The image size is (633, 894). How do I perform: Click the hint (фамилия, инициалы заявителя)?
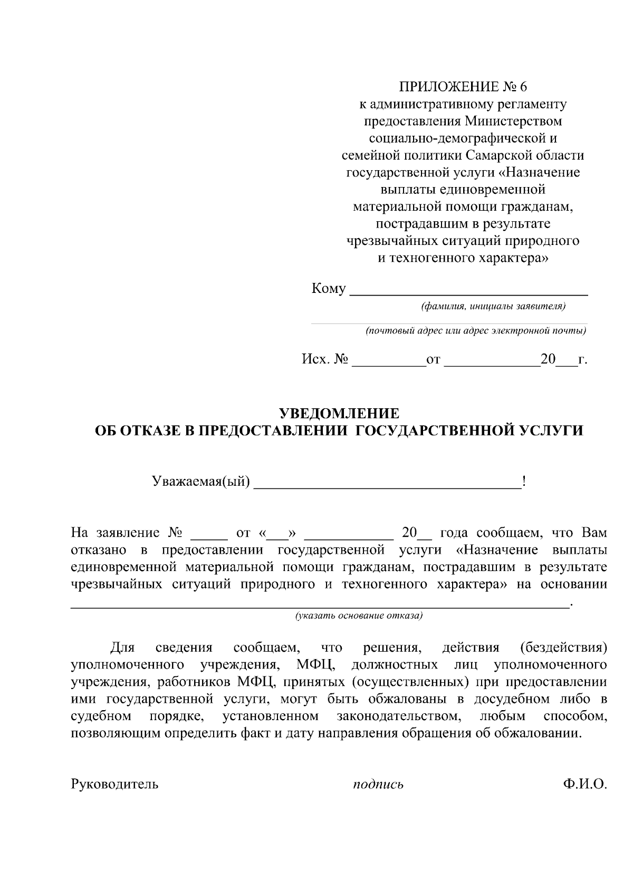(493, 307)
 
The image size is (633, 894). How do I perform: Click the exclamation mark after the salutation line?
(523, 481)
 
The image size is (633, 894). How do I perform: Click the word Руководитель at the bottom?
(114, 784)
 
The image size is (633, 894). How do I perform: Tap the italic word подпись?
(378, 785)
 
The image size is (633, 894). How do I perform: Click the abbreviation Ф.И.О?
(584, 784)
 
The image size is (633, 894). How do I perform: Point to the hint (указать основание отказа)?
(359, 615)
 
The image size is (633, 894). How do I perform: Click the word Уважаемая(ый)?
(200, 482)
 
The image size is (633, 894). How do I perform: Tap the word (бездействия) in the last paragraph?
(563, 647)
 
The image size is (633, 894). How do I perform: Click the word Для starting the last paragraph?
(122, 647)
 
